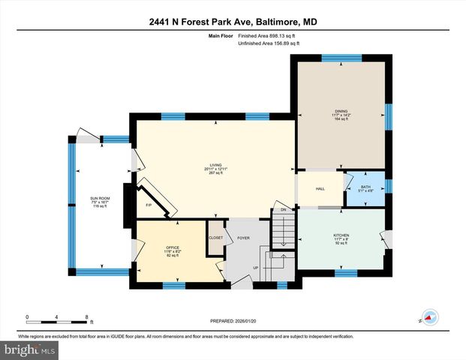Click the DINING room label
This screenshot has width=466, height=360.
click(341, 114)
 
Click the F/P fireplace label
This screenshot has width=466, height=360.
click(149, 205)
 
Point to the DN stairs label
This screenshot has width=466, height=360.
click(283, 210)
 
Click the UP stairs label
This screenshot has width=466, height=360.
click(255, 266)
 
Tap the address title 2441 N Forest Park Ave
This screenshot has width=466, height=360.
click(232, 22)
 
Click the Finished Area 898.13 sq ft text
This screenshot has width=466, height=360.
click(268, 36)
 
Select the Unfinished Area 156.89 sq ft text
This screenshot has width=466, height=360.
click(268, 43)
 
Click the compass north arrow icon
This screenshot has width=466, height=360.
click(429, 316)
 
